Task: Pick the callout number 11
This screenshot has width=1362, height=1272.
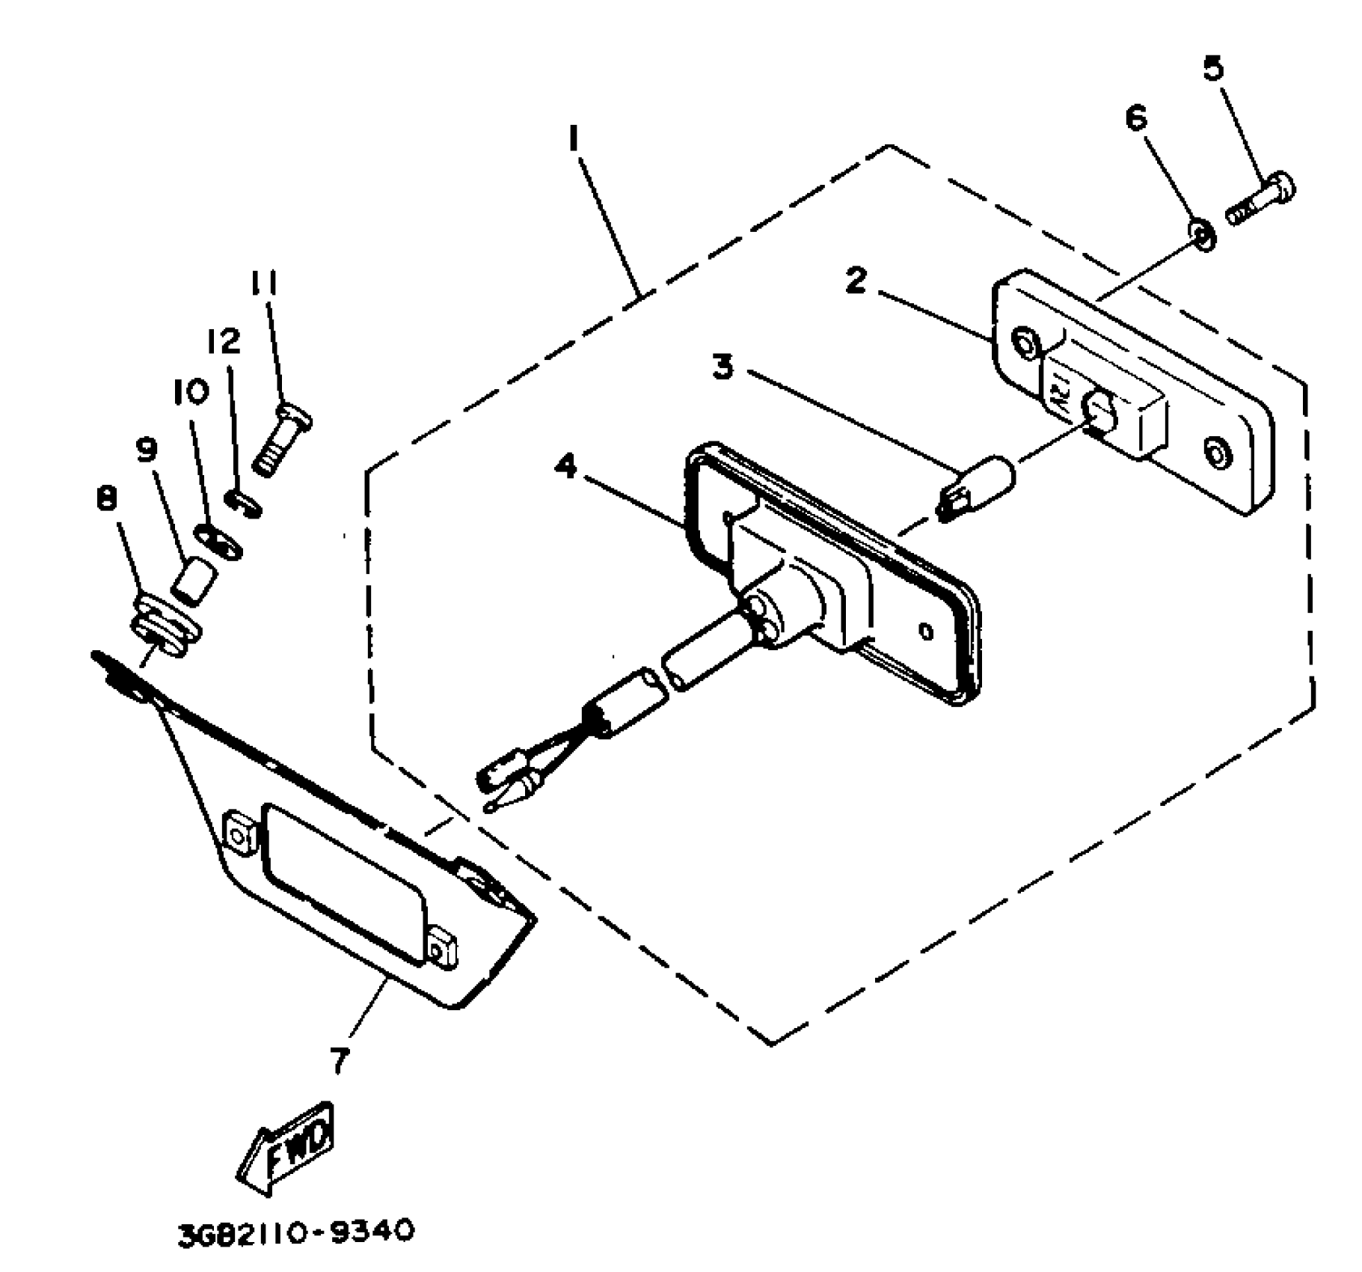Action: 263,284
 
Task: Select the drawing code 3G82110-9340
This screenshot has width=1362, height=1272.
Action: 295,1232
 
